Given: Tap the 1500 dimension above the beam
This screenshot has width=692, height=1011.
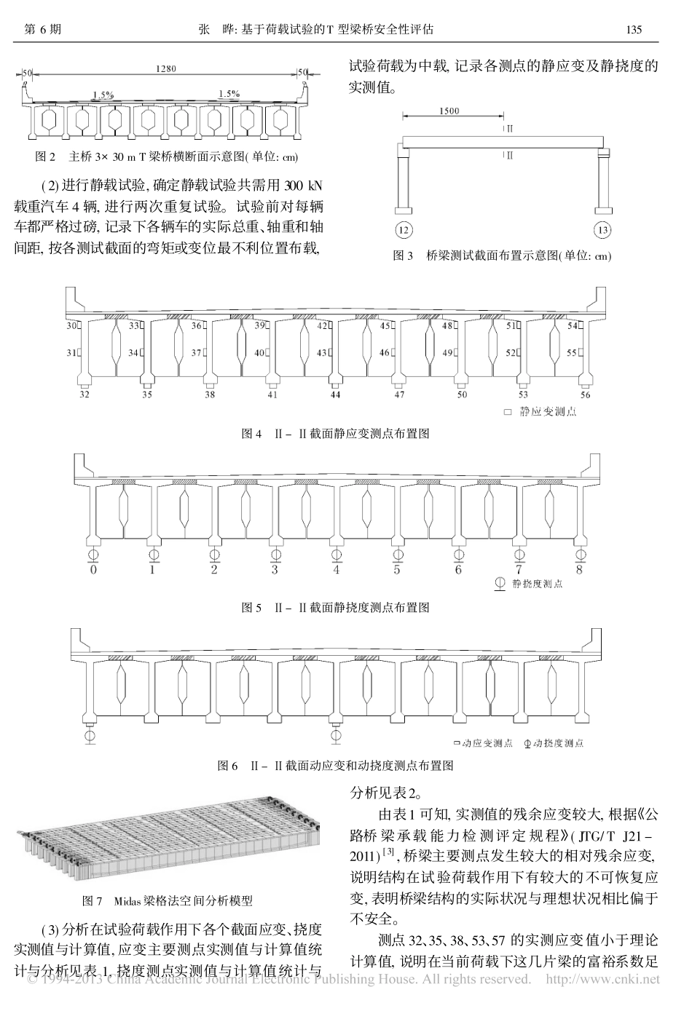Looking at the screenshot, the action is coord(449,111).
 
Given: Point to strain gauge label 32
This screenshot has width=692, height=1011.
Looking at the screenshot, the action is coord(84,395).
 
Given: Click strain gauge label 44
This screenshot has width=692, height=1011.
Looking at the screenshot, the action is coord(334,395).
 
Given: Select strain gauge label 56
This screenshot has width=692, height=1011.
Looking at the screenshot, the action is coord(585,395).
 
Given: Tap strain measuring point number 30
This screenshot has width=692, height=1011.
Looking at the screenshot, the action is coord(71,327).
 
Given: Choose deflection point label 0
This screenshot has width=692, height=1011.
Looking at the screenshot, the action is coord(92,570).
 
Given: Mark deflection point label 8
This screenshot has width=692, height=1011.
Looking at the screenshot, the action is coord(579,570).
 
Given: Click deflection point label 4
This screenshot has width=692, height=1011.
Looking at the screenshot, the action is coord(336,570).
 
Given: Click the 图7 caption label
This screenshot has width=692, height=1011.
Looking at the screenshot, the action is coord(93,900).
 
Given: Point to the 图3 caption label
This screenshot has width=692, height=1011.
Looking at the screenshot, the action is coord(403,255).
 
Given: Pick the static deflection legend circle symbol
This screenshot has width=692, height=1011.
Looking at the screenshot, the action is coord(500,584).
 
